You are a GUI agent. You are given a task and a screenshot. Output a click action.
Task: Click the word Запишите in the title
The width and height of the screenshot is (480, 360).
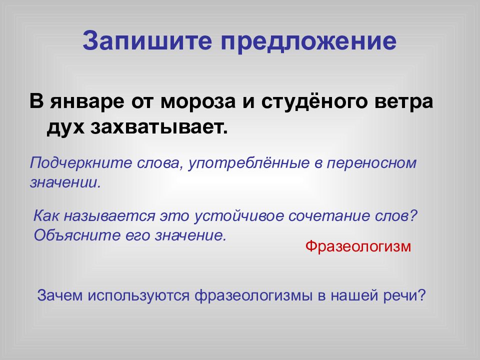click(146, 42)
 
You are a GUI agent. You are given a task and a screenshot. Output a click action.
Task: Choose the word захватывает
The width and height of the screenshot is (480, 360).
click(158, 127)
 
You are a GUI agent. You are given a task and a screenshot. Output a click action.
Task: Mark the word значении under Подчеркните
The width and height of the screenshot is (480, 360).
click(65, 181)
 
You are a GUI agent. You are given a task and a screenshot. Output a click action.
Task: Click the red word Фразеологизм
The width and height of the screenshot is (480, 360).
click(358, 246)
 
